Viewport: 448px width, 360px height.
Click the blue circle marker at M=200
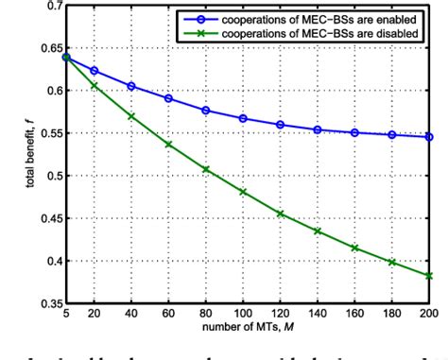tap(429, 137)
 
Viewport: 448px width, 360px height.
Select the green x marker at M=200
tap(429, 276)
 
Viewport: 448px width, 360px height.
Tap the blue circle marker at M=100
tap(244, 118)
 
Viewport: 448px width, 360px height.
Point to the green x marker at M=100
tap(244, 192)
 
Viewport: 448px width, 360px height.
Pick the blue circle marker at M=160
tap(354, 132)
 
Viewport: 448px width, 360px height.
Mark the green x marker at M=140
tap(318, 231)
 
